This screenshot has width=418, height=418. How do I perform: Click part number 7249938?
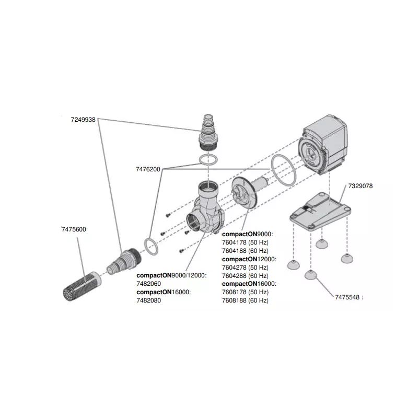point(83,120)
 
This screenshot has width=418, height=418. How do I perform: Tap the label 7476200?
point(148,169)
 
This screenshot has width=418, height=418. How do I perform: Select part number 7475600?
point(74,229)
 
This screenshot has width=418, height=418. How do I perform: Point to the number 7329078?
point(360,186)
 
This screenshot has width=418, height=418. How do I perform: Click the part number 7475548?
point(347,298)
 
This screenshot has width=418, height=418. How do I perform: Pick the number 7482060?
point(149,284)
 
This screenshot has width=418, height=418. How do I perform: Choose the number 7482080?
point(149,300)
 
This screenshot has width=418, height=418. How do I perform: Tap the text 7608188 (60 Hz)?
point(245,300)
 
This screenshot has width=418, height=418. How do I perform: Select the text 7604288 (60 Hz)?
point(245,275)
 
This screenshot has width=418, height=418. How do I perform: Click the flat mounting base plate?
point(319,212)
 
